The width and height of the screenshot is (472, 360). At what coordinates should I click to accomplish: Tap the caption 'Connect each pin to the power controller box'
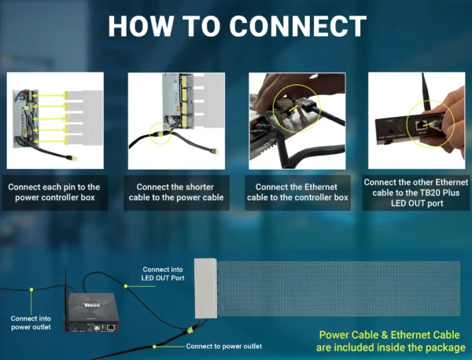click(55, 193)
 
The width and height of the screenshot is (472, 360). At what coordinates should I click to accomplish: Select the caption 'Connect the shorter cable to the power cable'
click(176, 193)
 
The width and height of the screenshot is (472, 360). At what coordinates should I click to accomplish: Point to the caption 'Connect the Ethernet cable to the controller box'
click(297, 193)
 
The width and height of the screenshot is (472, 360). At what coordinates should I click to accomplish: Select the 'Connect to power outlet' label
click(224, 346)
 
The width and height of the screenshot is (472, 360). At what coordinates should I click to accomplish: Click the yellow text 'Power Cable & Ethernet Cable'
click(390, 333)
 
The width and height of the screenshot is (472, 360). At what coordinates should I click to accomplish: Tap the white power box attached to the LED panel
click(206, 288)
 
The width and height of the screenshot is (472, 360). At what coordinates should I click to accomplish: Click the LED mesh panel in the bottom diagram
click(338, 288)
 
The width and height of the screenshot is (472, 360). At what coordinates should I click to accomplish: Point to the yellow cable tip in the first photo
click(74, 160)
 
